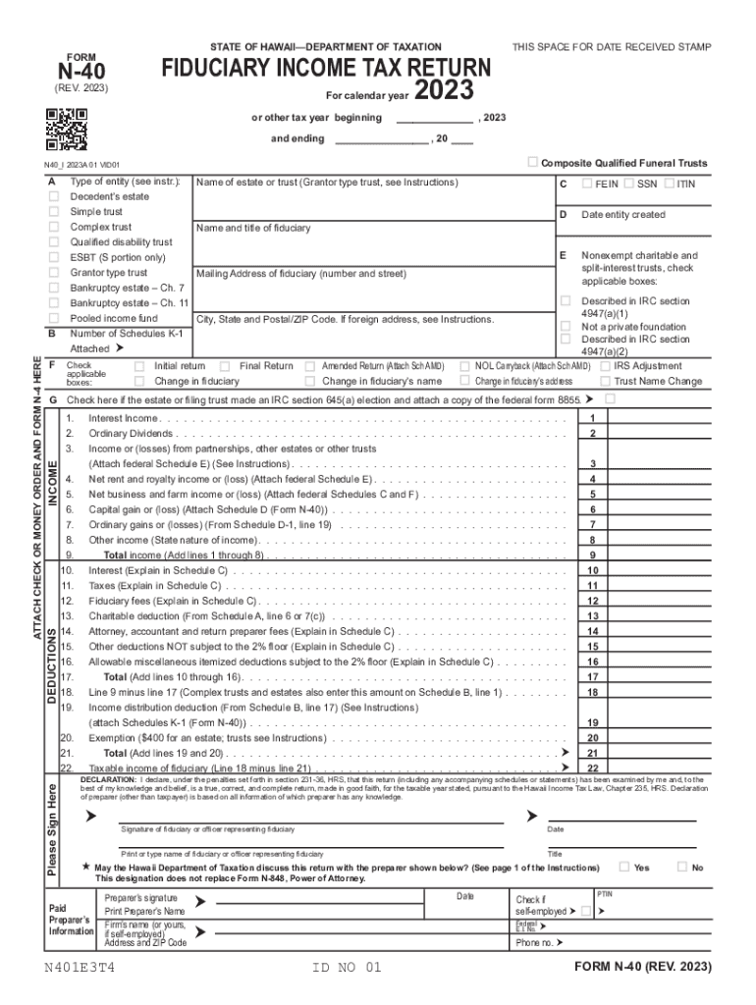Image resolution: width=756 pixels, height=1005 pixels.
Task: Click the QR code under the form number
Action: point(67,125)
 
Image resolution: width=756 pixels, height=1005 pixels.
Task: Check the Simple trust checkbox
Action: point(54,212)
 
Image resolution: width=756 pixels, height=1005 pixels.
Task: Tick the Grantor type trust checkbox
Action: point(54,273)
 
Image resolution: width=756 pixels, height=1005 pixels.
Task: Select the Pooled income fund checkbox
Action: point(54,319)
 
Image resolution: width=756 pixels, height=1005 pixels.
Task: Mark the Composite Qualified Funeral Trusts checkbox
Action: point(532,162)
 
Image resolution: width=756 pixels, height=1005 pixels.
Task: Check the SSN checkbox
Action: point(628,184)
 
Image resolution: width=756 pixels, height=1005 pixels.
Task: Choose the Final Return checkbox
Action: point(225,366)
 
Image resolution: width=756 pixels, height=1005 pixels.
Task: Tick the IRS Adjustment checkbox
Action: point(606,366)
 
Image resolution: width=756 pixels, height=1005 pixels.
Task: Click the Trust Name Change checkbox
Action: point(606,381)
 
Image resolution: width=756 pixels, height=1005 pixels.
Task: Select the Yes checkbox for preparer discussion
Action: point(623,867)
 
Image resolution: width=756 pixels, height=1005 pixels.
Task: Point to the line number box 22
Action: point(592,767)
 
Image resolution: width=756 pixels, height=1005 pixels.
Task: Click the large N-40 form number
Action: point(81,71)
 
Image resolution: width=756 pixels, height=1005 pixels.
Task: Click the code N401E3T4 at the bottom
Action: point(84,968)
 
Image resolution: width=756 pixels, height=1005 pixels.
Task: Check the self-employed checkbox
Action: point(586,912)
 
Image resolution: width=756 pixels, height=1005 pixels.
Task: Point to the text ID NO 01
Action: point(346,968)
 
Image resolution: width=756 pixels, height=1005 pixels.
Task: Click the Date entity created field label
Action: point(622,215)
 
